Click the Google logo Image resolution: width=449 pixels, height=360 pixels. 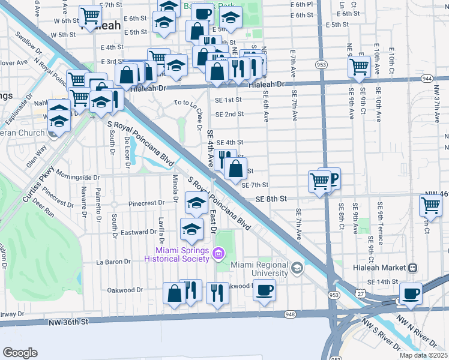pos(20,352)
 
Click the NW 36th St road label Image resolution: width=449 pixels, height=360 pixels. pos(68,322)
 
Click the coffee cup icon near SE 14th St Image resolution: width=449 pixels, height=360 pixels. pos(411,293)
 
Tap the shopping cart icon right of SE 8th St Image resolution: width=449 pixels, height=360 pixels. pos(431,205)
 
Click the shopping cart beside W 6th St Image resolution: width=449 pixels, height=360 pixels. pos(90,16)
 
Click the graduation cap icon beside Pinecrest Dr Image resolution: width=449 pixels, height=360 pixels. pos(196,203)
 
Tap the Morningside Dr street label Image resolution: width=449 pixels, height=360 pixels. pos(77,177)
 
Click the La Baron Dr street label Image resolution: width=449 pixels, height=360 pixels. pos(113,262)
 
